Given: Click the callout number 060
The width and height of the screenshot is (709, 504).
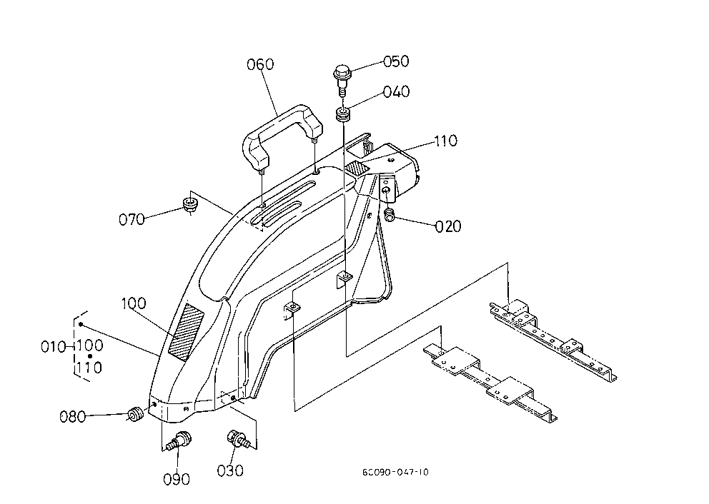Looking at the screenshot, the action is pos(260,64).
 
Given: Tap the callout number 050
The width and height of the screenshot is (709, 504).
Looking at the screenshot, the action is pos(396,61).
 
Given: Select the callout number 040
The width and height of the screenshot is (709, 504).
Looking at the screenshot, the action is pos(396,91).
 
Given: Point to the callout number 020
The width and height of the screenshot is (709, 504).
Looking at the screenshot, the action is pos(448,226).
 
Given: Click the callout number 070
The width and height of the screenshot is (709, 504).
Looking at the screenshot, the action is pos(132,219).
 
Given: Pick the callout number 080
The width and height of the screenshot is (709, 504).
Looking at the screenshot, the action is pos(73,416).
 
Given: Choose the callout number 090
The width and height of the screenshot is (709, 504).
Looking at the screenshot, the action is pos(177,479).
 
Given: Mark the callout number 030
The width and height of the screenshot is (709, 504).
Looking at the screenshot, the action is pos(230,470).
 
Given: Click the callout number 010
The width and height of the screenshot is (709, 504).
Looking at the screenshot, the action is pos(54,347).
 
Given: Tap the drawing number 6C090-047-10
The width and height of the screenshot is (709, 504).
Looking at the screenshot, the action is pos(395,473).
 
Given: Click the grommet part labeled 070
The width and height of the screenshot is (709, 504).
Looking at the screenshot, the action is pos(190,205).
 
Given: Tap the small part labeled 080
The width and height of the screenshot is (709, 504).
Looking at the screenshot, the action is pos(135,413).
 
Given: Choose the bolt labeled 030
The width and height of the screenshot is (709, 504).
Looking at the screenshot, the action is pos(237,439).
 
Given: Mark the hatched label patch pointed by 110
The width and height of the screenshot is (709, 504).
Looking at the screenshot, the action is pos(357,169).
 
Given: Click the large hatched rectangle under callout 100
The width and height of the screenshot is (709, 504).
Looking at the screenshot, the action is pos(186,332).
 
